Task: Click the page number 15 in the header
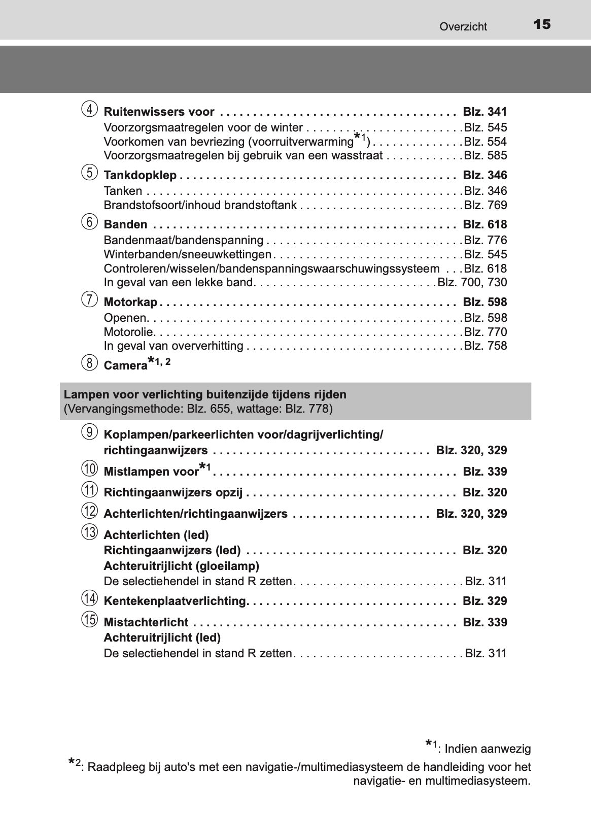(x=542, y=24)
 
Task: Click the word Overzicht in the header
(x=463, y=27)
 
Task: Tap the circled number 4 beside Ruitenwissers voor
(x=89, y=110)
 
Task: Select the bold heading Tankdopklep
(x=140, y=176)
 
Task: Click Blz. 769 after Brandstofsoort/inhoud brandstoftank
(x=485, y=205)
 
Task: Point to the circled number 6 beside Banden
(x=89, y=222)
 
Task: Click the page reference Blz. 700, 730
(x=472, y=282)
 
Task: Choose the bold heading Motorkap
(x=130, y=303)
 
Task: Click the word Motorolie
(x=129, y=332)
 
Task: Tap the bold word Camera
(x=125, y=366)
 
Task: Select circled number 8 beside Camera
(x=89, y=363)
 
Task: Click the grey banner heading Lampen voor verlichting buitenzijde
(x=205, y=394)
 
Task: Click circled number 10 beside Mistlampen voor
(x=89, y=468)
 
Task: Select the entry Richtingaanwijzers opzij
(x=173, y=492)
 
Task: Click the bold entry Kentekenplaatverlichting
(x=175, y=601)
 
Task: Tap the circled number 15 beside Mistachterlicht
(x=89, y=619)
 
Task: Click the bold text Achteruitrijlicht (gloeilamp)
(x=181, y=566)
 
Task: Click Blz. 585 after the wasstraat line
(x=485, y=155)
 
